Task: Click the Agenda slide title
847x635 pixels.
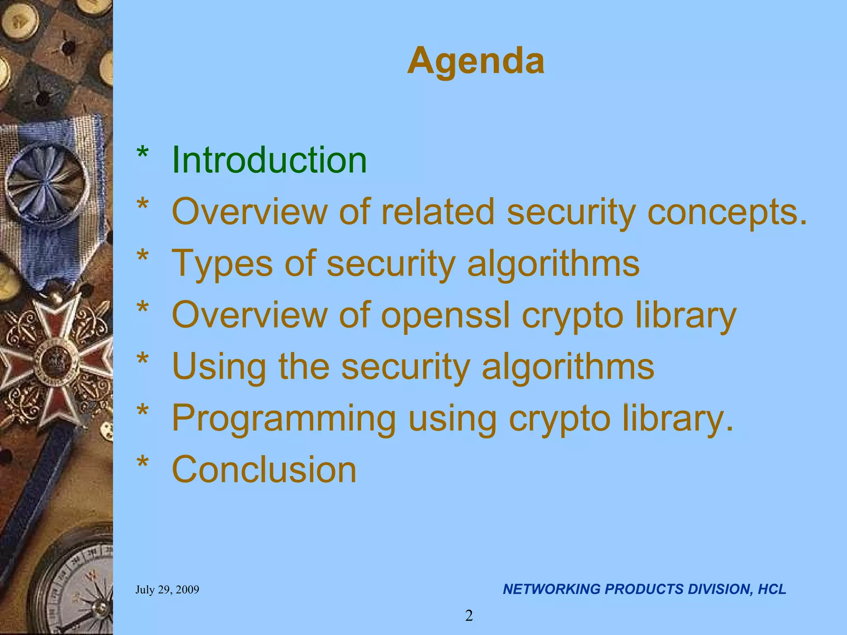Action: (476, 61)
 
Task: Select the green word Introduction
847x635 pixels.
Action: (269, 160)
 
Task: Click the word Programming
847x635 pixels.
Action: (284, 419)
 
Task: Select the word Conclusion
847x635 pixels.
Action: (264, 470)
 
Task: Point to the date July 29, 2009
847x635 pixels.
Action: (167, 590)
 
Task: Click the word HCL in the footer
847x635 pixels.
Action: (772, 589)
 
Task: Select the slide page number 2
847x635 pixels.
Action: (469, 616)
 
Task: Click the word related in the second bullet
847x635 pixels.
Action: (437, 212)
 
